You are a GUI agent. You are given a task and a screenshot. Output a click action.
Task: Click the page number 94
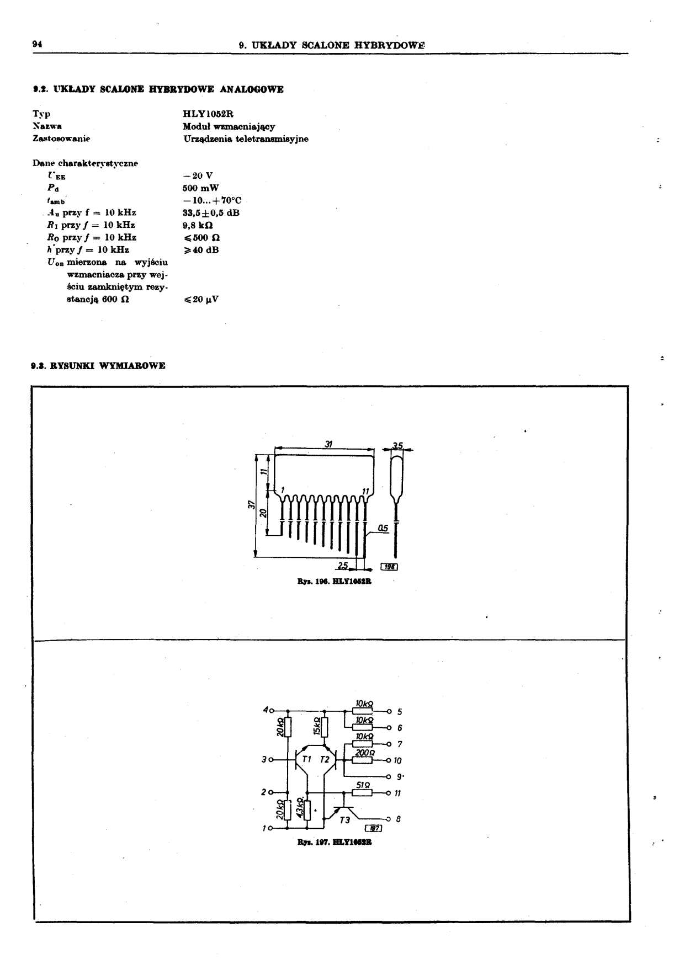pyautogui.click(x=38, y=44)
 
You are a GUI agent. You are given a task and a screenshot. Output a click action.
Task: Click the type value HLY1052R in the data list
pyautogui.click(x=208, y=114)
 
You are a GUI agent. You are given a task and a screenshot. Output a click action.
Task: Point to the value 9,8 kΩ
pyautogui.click(x=197, y=225)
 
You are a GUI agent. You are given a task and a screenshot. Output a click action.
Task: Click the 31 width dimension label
pyautogui.click(x=328, y=444)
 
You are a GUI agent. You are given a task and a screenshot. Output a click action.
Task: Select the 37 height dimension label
pyautogui.click(x=251, y=504)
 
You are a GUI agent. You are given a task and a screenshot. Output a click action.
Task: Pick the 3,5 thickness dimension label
pyautogui.click(x=397, y=445)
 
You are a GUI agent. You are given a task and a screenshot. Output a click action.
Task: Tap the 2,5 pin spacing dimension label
pyautogui.click(x=343, y=566)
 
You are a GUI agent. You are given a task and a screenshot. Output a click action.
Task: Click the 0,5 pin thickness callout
pyautogui.click(x=383, y=528)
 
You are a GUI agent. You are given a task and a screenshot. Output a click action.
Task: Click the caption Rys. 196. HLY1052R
pyautogui.click(x=335, y=581)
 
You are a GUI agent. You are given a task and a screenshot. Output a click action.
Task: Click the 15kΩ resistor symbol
pyautogui.click(x=325, y=727)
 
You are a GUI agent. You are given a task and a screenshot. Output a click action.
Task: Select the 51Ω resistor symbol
pyautogui.click(x=362, y=793)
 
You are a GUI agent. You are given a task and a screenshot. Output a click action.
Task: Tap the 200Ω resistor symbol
pyautogui.click(x=362, y=760)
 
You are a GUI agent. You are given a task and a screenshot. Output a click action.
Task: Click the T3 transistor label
pyautogui.click(x=345, y=820)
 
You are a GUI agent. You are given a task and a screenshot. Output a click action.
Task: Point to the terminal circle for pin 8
pyautogui.click(x=389, y=819)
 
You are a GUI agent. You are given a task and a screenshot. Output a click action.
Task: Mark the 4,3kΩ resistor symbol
pyautogui.click(x=307, y=809)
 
